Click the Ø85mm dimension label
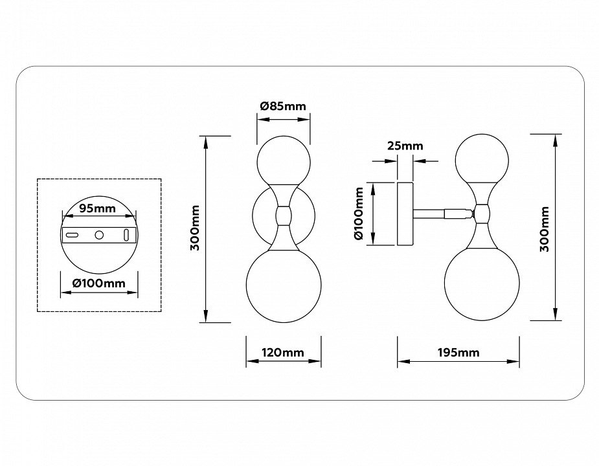point(283,106)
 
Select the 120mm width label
point(283,353)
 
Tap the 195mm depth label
point(458,353)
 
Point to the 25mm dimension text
point(405,146)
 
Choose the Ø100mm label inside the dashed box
point(98,283)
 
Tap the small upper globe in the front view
point(284,161)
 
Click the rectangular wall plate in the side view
point(405,214)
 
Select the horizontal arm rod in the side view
point(437,212)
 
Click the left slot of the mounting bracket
point(73,234)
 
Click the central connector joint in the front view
point(284,215)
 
